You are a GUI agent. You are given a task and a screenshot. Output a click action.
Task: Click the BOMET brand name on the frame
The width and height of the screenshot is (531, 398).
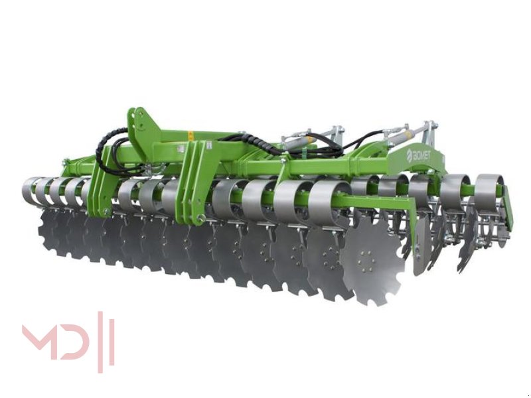click(x=421, y=155)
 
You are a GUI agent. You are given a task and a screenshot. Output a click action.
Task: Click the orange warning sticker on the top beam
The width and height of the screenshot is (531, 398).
click(x=190, y=134)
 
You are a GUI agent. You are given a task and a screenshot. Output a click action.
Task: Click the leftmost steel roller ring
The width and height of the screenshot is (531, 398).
click(x=30, y=190)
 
